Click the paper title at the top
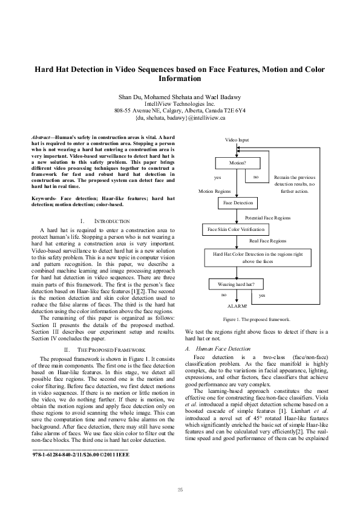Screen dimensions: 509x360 [x=180, y=74]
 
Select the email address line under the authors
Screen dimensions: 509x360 [x=180, y=118]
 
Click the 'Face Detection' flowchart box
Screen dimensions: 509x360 [x=238, y=203]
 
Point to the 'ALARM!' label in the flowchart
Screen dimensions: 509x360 [x=237, y=306]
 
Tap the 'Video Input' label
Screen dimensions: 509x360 [x=237, y=140]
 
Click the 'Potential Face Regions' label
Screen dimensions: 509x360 [x=267, y=217]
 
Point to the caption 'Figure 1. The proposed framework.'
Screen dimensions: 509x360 [x=257, y=319]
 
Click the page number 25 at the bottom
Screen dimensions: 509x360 [x=180, y=489]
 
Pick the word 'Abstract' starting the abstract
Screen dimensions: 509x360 [x=41, y=138]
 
